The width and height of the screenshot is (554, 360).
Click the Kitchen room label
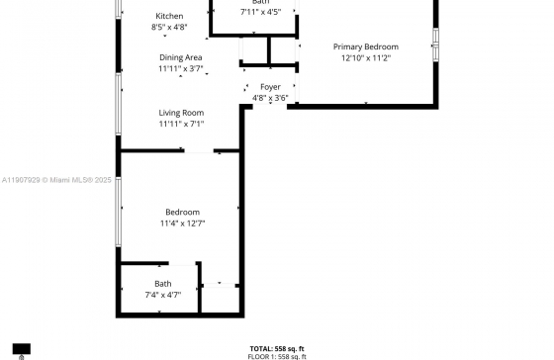click(169, 17)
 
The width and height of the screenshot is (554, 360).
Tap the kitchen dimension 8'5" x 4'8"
click(169, 28)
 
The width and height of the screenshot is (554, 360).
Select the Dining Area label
click(181, 58)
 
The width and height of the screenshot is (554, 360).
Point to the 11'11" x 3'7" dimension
click(181, 69)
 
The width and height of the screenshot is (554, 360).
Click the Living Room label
click(181, 113)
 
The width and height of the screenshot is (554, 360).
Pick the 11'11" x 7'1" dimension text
click(181, 124)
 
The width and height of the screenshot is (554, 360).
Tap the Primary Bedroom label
click(366, 46)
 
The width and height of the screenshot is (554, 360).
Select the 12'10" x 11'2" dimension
click(366, 57)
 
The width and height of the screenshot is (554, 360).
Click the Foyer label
click(269, 87)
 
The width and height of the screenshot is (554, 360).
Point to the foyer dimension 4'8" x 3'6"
click(270, 98)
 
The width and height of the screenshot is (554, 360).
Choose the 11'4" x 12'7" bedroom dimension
click(182, 224)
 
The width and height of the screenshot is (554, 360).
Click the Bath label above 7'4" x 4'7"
click(162, 284)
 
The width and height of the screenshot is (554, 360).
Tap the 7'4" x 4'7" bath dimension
click(162, 295)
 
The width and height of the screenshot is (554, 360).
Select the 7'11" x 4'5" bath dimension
click(260, 12)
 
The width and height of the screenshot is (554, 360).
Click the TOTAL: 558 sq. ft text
click(277, 348)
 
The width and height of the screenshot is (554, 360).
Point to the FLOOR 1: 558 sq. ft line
click(277, 356)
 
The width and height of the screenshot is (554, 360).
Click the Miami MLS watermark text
click(57, 180)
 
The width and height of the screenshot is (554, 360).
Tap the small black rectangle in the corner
click(21, 350)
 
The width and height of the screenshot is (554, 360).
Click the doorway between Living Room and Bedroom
click(200, 151)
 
